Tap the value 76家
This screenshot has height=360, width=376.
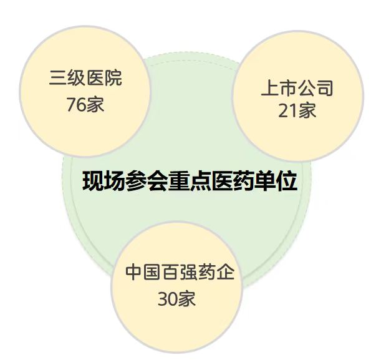click(x=85, y=104)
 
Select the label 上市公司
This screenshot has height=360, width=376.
click(x=297, y=88)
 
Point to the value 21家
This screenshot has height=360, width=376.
click(x=297, y=110)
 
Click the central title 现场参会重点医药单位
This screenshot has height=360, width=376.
click(x=190, y=182)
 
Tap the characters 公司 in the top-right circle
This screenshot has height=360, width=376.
click(x=316, y=88)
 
